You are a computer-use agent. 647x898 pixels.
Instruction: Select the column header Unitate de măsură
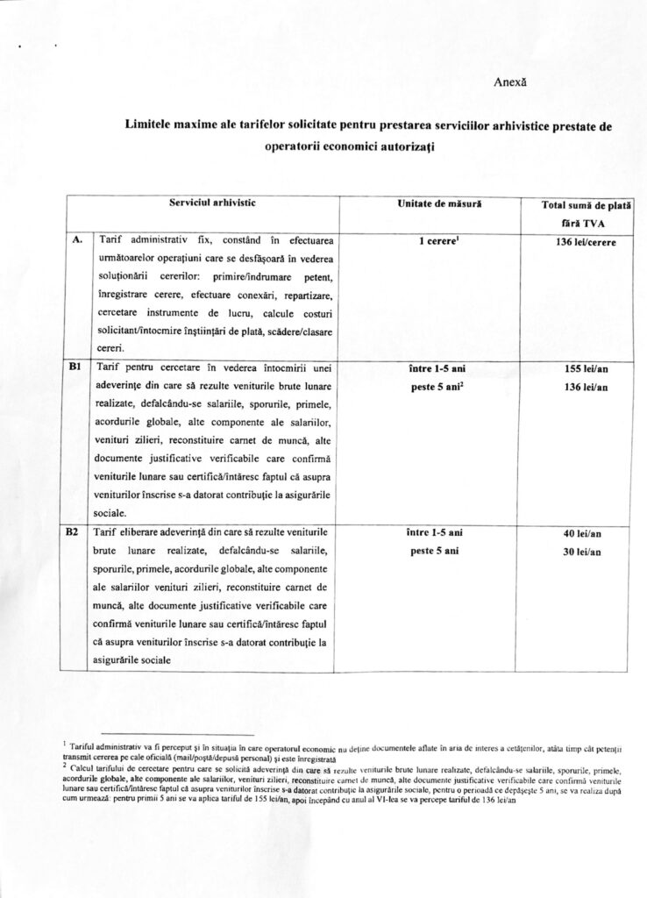click(436, 203)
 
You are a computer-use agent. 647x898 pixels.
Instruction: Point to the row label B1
click(75, 368)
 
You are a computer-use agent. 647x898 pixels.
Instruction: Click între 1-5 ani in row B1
click(436, 369)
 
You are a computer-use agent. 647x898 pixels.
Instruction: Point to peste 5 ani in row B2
click(435, 552)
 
